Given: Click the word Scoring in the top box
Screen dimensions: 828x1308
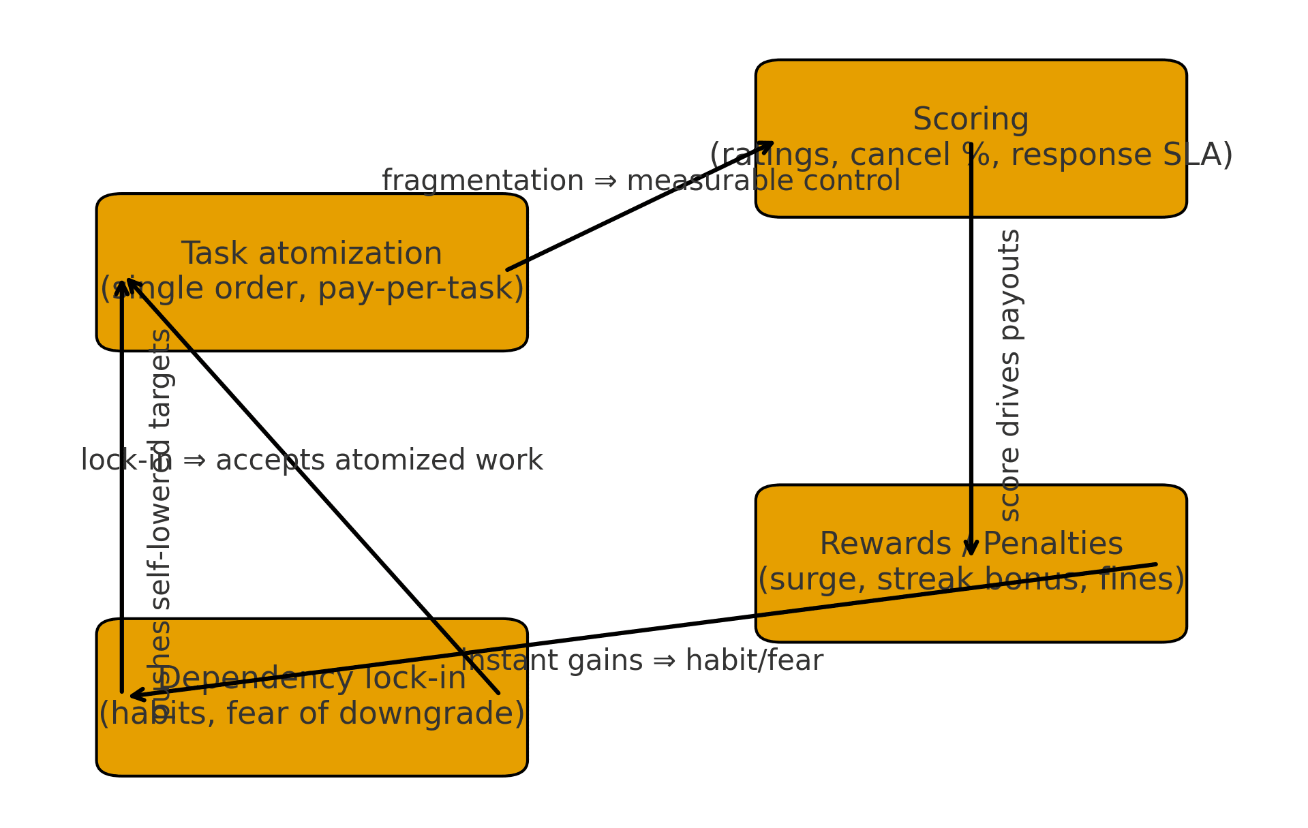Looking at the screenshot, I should click(970, 120).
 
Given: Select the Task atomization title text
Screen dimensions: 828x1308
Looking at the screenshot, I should click(311, 254).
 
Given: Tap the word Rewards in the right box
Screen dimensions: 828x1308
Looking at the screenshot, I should click(885, 545).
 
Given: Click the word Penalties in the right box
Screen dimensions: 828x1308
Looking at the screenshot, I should click(1052, 545).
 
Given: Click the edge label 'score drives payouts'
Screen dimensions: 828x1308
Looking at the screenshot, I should click(1009, 375).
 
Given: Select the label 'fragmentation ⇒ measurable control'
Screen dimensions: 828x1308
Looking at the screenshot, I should click(641, 181).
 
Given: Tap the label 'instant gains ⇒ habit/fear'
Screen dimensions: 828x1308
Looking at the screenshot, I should click(642, 661).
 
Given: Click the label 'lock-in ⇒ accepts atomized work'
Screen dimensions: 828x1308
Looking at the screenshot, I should click(311, 461).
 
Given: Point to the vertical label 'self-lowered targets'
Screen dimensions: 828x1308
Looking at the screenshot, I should click(161, 470).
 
